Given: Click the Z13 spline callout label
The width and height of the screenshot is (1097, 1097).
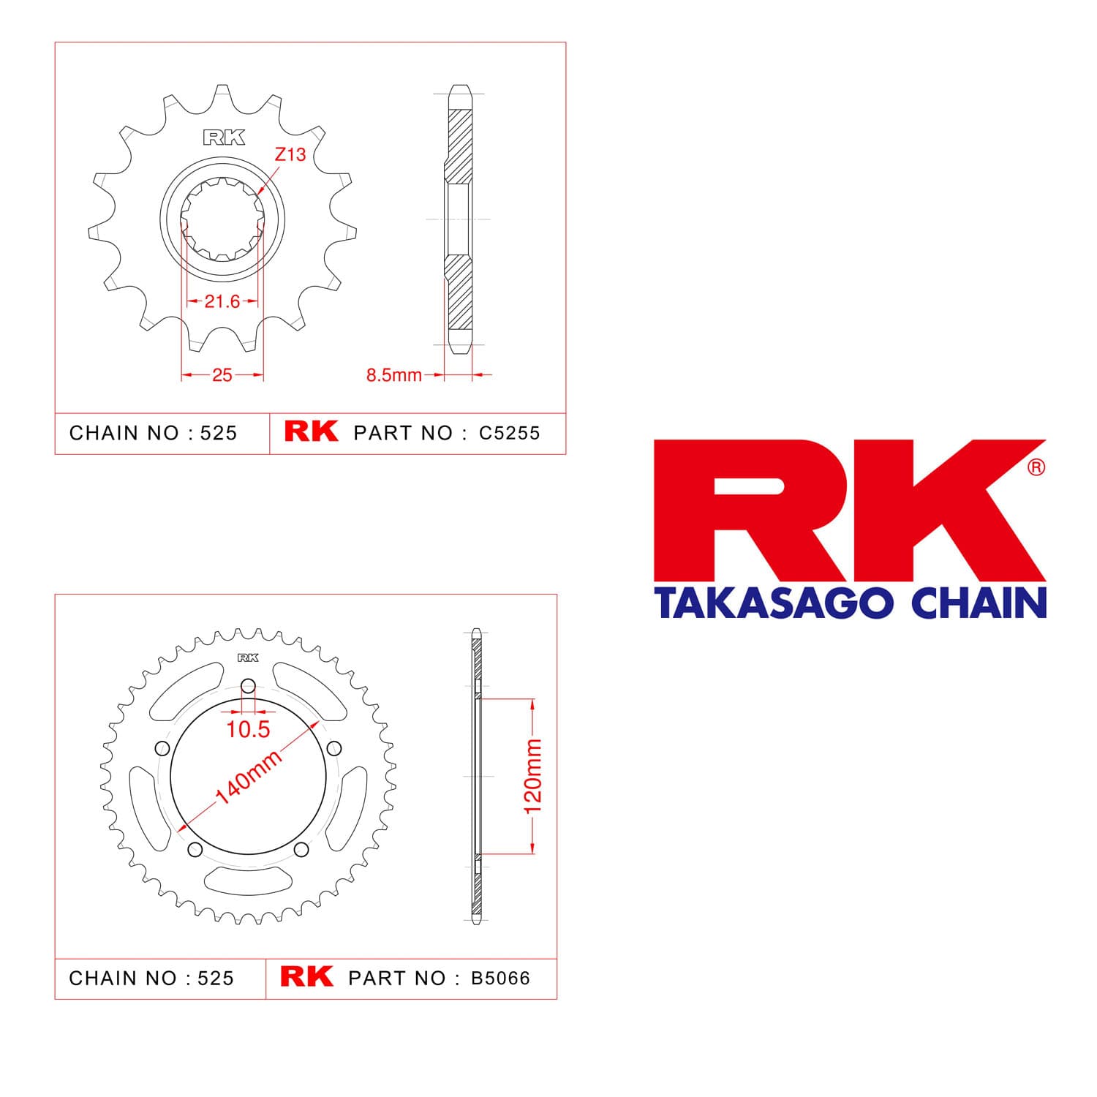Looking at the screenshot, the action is tap(290, 154).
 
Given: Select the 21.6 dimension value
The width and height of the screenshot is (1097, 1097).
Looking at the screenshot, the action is tap(222, 301).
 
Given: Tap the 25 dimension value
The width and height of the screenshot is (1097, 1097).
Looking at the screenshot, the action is tap(222, 375).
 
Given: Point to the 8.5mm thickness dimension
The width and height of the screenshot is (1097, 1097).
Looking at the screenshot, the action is tap(394, 375).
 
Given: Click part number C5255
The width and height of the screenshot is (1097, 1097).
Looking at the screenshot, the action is tap(510, 433).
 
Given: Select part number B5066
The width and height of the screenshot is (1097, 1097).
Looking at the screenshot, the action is tap(501, 979).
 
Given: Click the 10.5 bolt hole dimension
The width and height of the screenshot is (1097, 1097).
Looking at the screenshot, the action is tap(249, 729).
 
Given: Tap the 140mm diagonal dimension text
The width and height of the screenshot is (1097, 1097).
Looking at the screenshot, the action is tap(249, 777).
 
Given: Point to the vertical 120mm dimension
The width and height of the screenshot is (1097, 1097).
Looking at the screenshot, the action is tap(533, 776).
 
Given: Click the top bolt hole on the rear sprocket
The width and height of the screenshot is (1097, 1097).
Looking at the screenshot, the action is tap(249, 686).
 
